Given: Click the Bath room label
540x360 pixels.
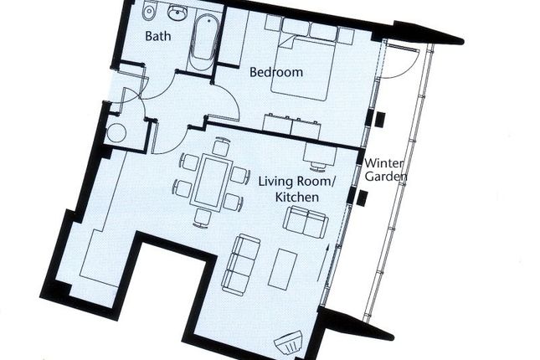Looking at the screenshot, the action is click(x=157, y=36).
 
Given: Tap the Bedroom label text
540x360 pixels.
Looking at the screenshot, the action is click(x=276, y=72).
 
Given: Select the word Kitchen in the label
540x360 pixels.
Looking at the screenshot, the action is click(x=297, y=197).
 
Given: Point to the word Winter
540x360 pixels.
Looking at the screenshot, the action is click(x=383, y=163).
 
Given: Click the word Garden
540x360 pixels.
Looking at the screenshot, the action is click(x=386, y=177).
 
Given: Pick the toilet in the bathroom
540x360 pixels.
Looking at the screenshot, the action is click(x=148, y=11).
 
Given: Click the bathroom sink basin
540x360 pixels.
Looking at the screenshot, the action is click(x=177, y=13).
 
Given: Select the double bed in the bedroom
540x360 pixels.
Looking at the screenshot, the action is click(x=303, y=67).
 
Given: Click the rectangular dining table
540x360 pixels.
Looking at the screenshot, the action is click(x=209, y=182).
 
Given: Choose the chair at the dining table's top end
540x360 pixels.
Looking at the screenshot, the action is click(x=220, y=146).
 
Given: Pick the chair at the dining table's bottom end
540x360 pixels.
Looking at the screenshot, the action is click(x=202, y=218).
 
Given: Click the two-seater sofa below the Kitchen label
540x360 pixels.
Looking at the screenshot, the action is click(x=305, y=222).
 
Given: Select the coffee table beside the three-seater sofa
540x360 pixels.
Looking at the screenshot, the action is click(x=283, y=269).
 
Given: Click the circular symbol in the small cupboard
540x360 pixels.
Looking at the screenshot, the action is click(x=116, y=133).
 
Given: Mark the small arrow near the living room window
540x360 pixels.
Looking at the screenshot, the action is click(x=323, y=263).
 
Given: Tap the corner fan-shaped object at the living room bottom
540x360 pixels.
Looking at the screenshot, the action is click(x=289, y=342).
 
